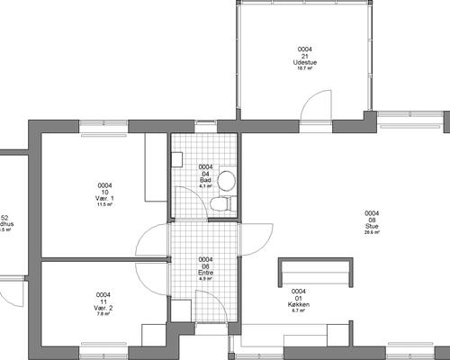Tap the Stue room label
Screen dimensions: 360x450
pos(371,226)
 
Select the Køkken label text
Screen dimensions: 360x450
pos(300,305)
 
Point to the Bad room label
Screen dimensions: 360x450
pos(205,180)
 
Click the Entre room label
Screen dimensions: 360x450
pos(205,272)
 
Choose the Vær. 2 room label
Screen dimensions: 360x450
pos(103,308)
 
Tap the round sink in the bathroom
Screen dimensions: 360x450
pos(226,178)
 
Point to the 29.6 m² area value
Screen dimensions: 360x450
pos(371,232)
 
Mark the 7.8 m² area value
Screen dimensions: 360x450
pos(103,314)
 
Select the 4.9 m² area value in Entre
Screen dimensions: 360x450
pos(205,278)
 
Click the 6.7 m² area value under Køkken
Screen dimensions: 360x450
pos(300,311)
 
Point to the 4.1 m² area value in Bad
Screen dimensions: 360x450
pos(205,186)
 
